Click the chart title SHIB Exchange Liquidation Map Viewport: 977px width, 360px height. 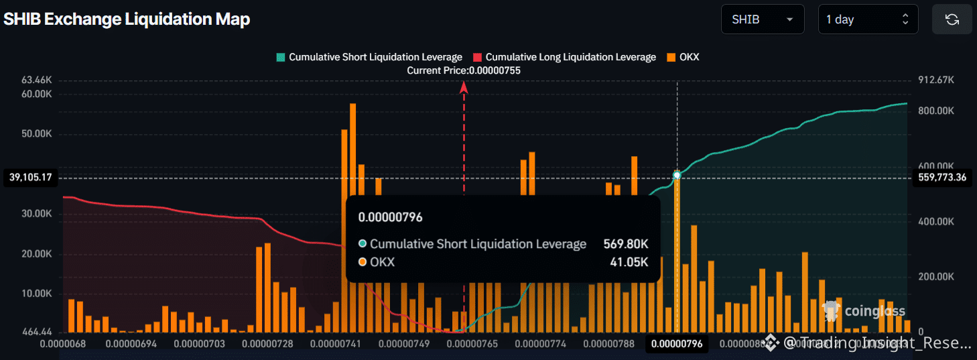point(127,19)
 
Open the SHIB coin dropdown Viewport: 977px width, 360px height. point(762,19)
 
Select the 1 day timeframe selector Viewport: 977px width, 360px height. point(868,19)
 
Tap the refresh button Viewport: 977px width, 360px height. point(952,19)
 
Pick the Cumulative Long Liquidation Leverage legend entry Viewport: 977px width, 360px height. point(564,57)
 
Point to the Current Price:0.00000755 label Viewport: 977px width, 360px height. point(464,70)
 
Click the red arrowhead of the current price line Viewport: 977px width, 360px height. point(463,86)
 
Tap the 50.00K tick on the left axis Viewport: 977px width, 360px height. point(37,134)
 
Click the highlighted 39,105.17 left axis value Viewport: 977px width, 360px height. point(31,178)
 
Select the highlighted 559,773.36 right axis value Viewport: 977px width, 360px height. point(941,178)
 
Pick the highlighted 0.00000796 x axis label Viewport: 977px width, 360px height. point(677,344)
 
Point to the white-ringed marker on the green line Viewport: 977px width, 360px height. point(677,175)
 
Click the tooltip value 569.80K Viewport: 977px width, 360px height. point(626,244)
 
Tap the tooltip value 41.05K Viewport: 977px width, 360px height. point(630,262)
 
